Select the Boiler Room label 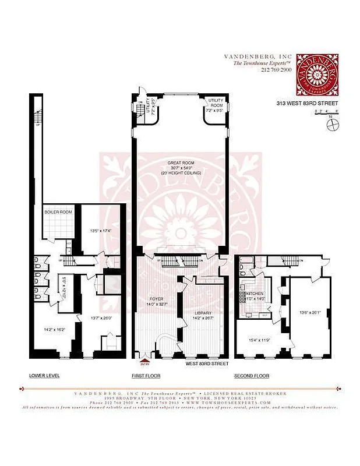58,212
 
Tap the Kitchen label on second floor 256,293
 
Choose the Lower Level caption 44,375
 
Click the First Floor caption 146,375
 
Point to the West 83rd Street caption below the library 207,363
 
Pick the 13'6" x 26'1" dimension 310,312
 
